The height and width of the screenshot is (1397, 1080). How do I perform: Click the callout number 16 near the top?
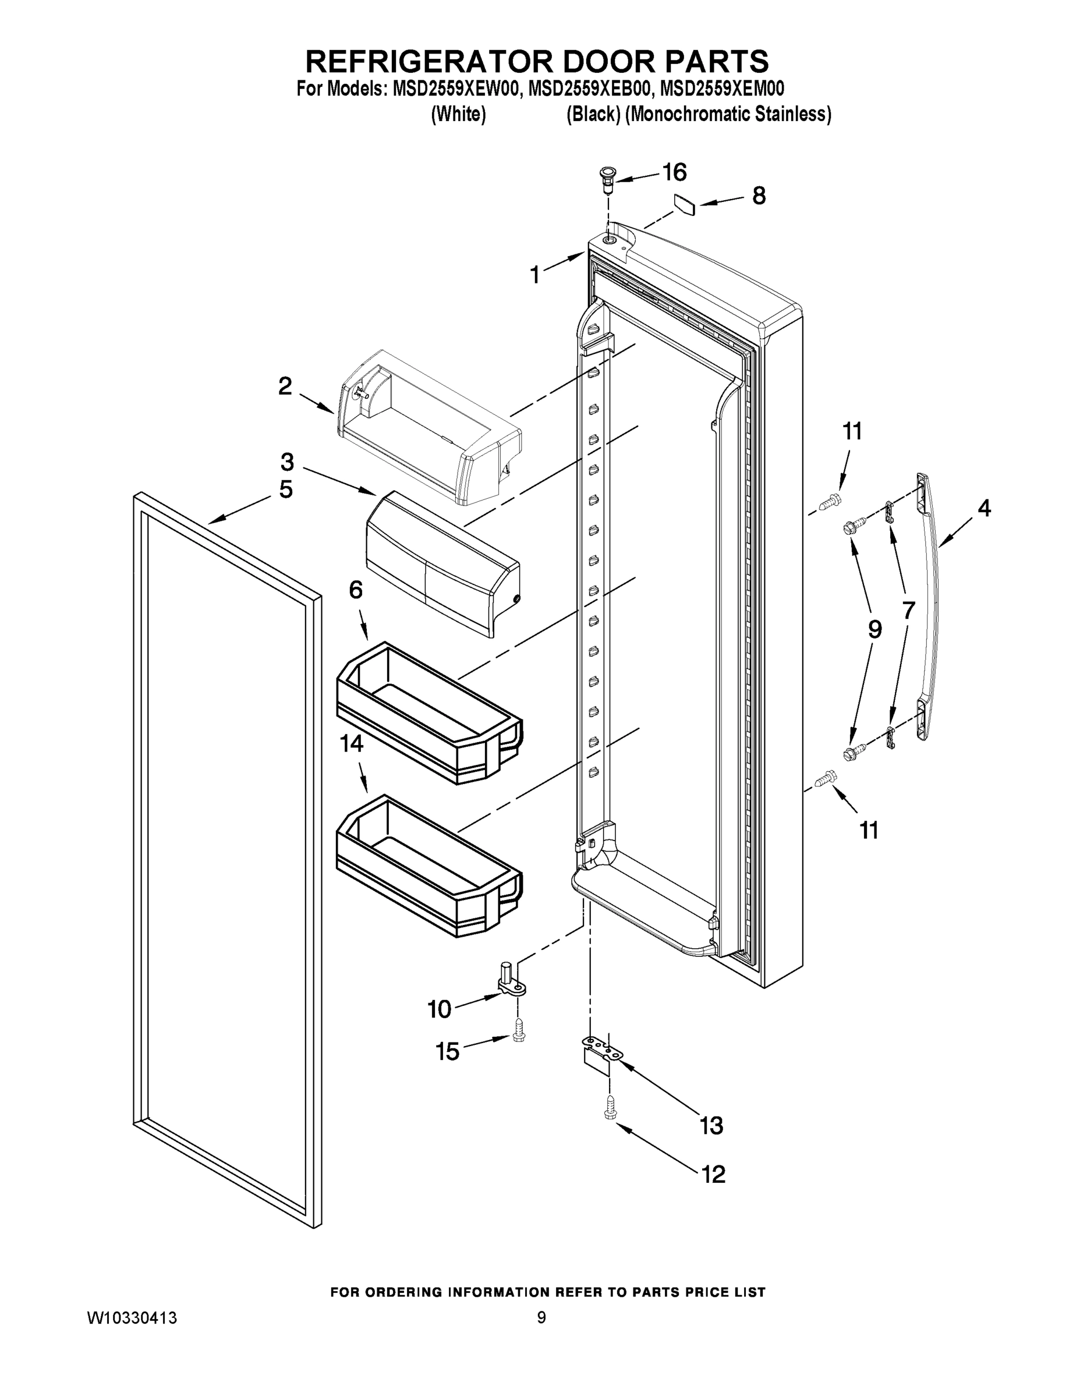pyautogui.click(x=674, y=172)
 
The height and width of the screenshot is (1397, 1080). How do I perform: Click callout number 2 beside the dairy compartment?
pyautogui.click(x=285, y=386)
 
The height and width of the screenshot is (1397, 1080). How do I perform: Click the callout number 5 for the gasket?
pyautogui.click(x=286, y=490)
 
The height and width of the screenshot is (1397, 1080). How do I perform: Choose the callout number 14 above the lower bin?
pyautogui.click(x=351, y=743)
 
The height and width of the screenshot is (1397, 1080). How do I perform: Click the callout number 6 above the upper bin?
pyautogui.click(x=356, y=590)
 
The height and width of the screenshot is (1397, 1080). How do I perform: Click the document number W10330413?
pyautogui.click(x=132, y=1318)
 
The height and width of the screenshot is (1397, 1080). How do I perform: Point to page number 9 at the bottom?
pyautogui.click(x=541, y=1318)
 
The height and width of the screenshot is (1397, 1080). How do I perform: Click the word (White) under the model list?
pyautogui.click(x=458, y=115)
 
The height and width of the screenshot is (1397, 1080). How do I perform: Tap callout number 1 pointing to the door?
pyautogui.click(x=535, y=275)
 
